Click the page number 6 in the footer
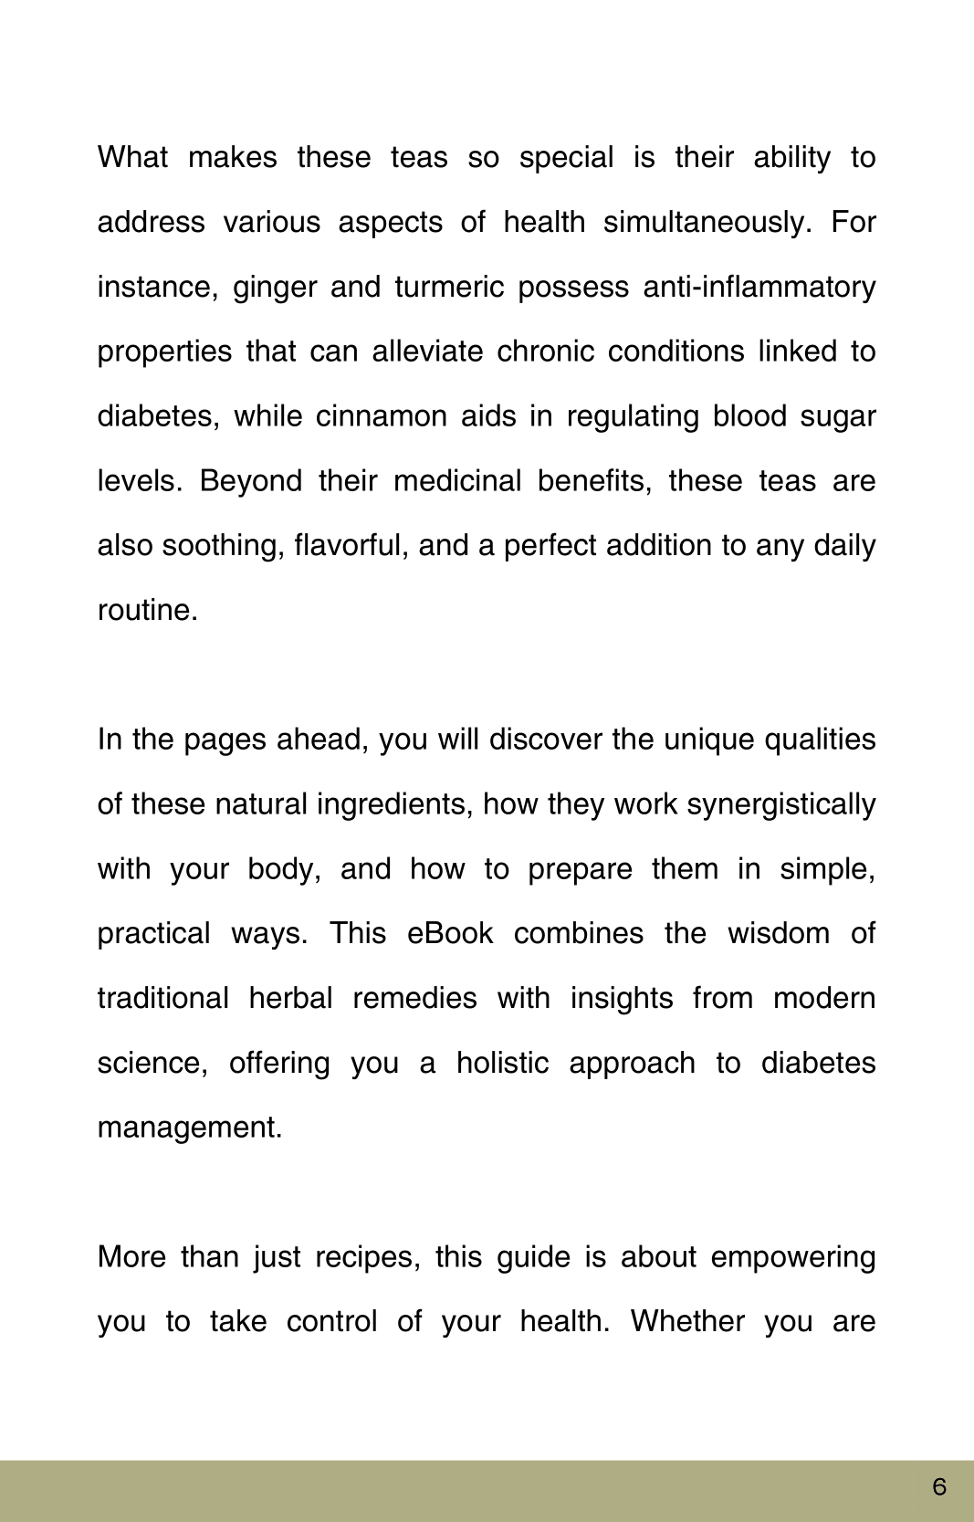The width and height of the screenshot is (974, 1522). point(939,1487)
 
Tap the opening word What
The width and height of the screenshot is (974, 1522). point(132,157)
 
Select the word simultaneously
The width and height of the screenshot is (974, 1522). point(707,222)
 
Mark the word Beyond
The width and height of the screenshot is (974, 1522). point(250,481)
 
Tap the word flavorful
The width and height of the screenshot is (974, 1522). point(351,545)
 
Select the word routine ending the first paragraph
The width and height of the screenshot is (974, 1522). point(146,610)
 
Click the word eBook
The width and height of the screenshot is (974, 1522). point(450,933)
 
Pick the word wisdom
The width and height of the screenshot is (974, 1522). point(779,933)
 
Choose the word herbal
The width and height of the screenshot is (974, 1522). point(290,998)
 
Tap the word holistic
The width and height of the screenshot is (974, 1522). point(502,1063)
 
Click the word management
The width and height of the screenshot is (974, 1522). point(189,1128)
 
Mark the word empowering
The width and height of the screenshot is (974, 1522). point(792,1257)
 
